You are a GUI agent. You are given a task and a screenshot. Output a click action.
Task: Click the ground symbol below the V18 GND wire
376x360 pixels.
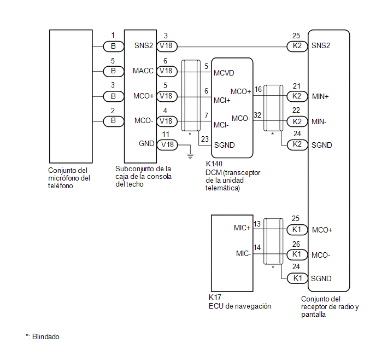(190, 156)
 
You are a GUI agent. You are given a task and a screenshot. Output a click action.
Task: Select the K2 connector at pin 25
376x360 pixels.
(297, 46)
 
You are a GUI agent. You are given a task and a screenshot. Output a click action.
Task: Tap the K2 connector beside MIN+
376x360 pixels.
(297, 96)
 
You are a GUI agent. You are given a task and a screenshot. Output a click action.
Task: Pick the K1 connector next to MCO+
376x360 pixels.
(297, 230)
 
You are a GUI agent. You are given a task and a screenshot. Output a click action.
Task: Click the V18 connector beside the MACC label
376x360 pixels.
(167, 71)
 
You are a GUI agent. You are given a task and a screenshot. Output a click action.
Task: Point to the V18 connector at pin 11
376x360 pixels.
(167, 145)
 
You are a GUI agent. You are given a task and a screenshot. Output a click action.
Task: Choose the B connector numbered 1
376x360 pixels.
(114, 47)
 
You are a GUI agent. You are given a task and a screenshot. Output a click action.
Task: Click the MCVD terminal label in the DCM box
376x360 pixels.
(224, 73)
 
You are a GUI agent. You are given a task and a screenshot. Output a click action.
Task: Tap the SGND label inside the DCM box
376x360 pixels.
(224, 145)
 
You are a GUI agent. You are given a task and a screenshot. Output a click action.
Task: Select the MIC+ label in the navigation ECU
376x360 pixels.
(242, 228)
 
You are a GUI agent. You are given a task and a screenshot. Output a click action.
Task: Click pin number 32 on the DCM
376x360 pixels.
(257, 115)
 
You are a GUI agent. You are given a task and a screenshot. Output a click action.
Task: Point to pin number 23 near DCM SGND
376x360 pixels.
(205, 139)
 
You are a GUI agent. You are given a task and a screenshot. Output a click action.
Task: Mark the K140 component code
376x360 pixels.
(214, 164)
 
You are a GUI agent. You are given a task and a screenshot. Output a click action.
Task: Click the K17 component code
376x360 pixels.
(215, 297)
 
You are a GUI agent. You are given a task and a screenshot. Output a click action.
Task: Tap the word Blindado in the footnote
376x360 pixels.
(46, 336)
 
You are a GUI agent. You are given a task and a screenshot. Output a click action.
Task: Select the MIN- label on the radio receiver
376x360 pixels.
(319, 122)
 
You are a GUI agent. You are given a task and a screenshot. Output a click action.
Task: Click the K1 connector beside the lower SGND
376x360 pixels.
(297, 278)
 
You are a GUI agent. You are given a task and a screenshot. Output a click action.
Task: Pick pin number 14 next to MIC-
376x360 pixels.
(257, 247)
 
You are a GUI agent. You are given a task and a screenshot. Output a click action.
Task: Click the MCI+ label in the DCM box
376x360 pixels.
(222, 100)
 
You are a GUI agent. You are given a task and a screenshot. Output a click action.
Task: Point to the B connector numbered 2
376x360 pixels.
(114, 121)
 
